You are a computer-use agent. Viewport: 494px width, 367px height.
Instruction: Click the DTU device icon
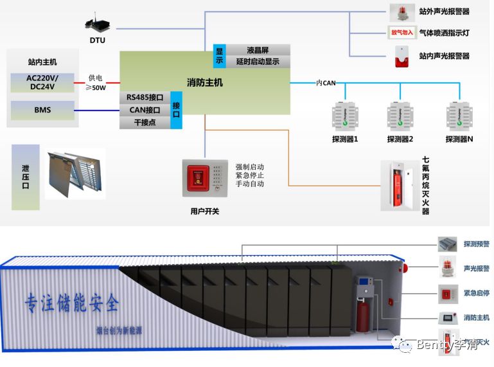[97, 24]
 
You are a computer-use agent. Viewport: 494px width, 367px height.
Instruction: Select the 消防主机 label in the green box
[204, 82]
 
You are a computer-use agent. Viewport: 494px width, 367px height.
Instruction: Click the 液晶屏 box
[257, 50]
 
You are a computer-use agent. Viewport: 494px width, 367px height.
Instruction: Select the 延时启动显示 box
[257, 62]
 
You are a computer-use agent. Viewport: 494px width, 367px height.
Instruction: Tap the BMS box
[42, 110]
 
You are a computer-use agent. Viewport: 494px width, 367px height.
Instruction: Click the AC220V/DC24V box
[42, 83]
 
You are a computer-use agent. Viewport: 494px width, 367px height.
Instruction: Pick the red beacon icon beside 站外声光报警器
[401, 12]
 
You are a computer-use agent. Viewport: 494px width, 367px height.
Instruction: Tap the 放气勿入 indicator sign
[402, 32]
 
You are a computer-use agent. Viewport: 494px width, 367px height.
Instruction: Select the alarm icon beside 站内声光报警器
[401, 57]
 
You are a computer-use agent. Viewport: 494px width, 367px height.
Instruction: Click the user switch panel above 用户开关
[204, 178]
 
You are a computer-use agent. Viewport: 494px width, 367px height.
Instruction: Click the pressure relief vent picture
[74, 173]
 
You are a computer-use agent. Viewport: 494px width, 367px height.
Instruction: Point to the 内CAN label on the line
[326, 83]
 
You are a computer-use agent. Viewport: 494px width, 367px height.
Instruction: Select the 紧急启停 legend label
[476, 293]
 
